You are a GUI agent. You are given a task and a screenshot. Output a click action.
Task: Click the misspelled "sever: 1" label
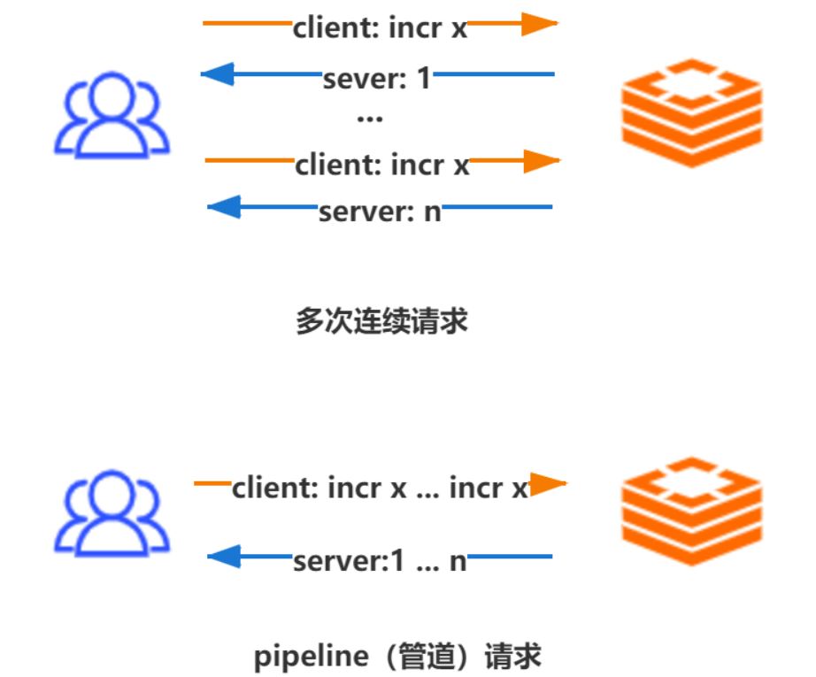(377, 78)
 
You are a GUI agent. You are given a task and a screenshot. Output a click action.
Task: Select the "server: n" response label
(380, 212)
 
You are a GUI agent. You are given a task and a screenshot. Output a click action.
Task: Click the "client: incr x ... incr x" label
(380, 488)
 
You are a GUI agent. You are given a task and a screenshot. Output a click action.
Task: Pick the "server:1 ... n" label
(380, 560)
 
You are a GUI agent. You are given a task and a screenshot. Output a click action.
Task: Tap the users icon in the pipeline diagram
(112, 514)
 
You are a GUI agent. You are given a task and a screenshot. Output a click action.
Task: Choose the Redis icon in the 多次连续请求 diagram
(691, 112)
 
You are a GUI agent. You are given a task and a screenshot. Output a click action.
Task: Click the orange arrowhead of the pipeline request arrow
(546, 484)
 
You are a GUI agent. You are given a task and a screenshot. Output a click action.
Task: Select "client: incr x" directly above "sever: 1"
(380, 27)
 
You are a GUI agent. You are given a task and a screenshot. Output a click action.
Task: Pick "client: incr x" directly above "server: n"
(382, 165)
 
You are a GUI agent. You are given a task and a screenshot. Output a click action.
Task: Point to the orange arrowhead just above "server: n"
(539, 161)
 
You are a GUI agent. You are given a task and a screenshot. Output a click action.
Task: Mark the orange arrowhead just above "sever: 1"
(537, 24)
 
